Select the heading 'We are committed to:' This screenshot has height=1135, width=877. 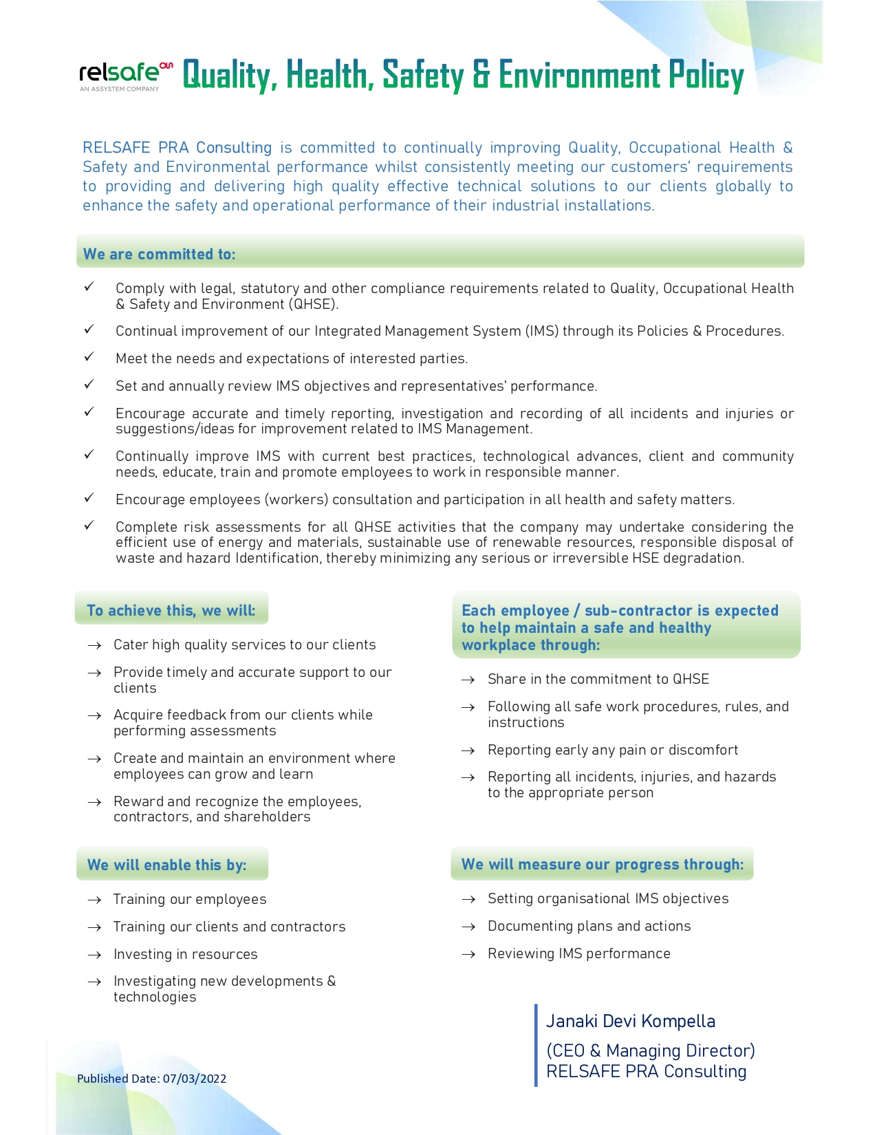tap(160, 255)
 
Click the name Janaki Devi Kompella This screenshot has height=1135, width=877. tap(631, 1021)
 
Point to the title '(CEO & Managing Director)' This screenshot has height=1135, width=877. tap(651, 1051)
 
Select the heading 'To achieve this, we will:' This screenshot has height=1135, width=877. tap(171, 611)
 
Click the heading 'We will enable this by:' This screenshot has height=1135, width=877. tap(167, 865)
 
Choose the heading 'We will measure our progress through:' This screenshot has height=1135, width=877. tap(603, 865)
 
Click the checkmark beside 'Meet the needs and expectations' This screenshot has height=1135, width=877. tap(89, 357)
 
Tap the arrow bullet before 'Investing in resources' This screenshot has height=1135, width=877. tap(95, 955)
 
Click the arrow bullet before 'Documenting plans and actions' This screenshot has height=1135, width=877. tap(468, 927)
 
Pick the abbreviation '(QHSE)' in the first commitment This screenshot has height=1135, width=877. tap(313, 305)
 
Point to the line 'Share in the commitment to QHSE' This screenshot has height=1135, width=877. tap(598, 680)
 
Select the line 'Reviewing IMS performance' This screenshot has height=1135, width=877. tap(579, 954)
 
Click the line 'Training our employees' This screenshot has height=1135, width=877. tap(190, 900)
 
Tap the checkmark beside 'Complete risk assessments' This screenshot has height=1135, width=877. tap(89, 526)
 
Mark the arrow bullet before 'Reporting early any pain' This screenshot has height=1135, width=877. tap(468, 750)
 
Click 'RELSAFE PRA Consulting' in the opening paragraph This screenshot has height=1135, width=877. tap(177, 148)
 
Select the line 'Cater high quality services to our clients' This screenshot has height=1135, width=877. tap(245, 645)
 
